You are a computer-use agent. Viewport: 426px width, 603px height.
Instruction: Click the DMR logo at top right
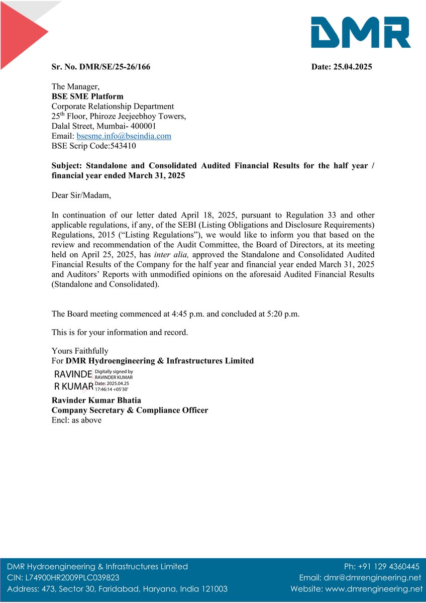coord(360,32)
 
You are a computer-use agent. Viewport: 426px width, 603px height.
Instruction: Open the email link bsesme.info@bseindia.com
coord(124,136)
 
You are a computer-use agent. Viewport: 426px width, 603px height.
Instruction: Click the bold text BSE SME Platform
coord(87,96)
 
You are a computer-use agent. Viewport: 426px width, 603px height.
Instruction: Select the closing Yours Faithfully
coord(80,351)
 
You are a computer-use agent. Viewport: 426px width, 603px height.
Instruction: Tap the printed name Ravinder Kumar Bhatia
coord(96,400)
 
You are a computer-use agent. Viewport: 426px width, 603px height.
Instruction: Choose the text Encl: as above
coord(76,420)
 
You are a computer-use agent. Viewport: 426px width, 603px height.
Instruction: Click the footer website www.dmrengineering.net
coord(374,589)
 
